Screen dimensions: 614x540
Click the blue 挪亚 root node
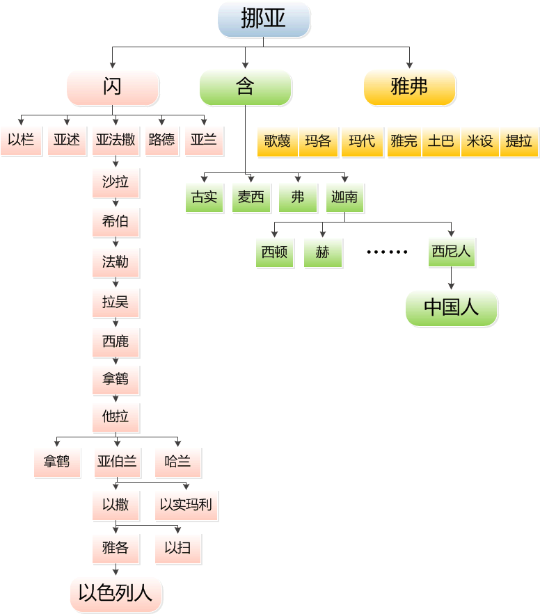point(263,19)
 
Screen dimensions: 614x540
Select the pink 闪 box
point(112,87)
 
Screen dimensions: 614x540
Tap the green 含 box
point(245,87)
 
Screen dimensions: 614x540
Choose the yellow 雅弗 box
point(409,87)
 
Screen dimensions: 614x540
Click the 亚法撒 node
point(116,140)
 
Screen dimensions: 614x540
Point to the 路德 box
point(161,140)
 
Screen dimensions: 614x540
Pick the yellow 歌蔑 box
point(277,141)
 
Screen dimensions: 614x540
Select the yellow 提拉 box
point(518,141)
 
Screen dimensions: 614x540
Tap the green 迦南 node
point(344,197)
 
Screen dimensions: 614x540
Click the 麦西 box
point(251,197)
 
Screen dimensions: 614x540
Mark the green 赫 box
point(322,252)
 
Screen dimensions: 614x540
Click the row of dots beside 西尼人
point(387,252)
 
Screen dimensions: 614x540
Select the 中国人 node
point(451,307)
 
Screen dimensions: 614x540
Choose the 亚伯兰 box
point(117,461)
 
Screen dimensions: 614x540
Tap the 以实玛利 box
point(186,505)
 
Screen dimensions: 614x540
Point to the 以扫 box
point(177,548)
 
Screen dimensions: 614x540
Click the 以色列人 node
point(116,594)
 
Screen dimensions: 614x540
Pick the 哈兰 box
point(177,461)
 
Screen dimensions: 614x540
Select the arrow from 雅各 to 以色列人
point(116,569)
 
